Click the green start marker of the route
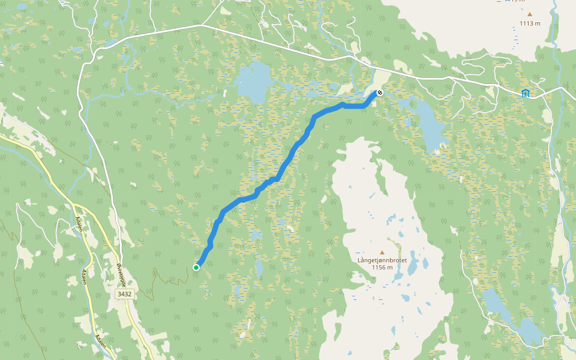(196, 267)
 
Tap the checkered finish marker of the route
(379, 92)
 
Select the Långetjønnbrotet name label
(382, 260)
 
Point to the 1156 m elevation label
(382, 268)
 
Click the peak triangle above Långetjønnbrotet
(382, 252)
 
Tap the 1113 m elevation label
(530, 23)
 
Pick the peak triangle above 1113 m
(530, 14)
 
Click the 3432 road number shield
(124, 294)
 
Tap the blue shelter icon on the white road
(526, 92)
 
